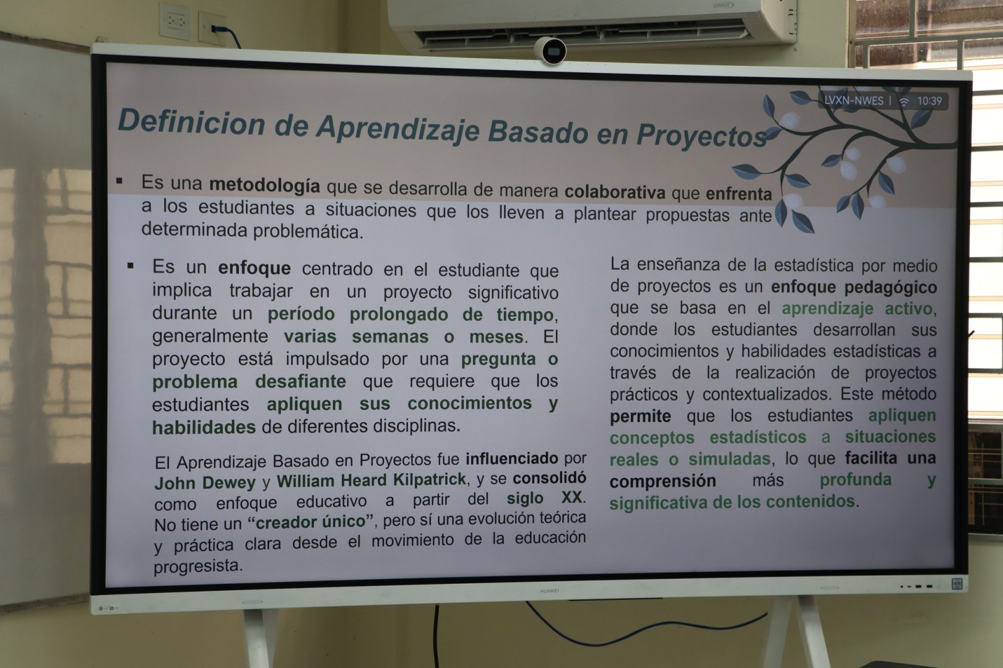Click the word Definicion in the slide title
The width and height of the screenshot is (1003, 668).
(192, 122)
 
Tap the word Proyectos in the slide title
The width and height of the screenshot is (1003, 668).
(701, 135)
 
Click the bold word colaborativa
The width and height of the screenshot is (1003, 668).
(615, 192)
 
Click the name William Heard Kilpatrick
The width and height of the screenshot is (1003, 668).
(371, 480)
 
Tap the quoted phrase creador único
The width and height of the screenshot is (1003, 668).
(310, 521)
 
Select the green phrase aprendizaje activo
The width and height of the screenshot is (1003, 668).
(858, 309)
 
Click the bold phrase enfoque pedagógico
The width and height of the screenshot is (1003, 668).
(854, 287)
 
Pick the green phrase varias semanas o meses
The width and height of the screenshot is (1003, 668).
(404, 336)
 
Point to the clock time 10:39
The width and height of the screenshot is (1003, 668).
(929, 101)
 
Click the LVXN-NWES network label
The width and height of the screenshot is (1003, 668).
(853, 101)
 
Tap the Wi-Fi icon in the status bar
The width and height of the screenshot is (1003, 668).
(903, 101)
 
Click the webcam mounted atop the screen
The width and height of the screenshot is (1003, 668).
(550, 51)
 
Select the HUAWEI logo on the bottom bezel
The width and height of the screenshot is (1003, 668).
(549, 591)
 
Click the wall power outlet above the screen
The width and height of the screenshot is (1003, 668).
(175, 20)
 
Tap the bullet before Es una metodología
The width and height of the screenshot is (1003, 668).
(119, 181)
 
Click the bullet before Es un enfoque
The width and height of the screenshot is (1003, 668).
(130, 266)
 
